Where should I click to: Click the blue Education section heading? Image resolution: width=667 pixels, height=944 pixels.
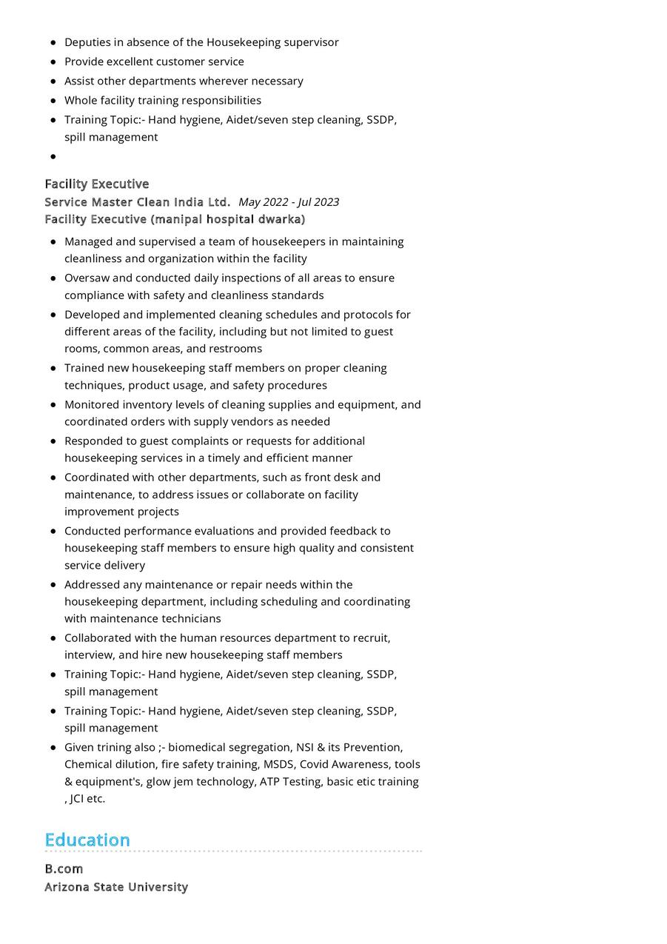click(87, 840)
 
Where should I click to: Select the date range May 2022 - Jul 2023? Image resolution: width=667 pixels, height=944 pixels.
click(289, 202)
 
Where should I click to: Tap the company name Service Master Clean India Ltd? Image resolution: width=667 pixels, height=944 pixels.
click(137, 202)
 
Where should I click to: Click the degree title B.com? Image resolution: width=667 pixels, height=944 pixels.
click(64, 868)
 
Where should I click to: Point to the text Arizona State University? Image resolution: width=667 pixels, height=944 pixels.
click(116, 887)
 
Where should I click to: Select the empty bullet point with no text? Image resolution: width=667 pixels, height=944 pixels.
click(53, 156)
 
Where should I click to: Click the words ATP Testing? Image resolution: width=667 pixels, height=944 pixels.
click(290, 781)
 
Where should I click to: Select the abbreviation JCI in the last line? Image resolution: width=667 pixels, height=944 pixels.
click(77, 798)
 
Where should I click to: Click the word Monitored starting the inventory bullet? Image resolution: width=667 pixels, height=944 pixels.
click(92, 404)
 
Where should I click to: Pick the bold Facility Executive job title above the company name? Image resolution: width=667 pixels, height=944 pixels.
click(96, 184)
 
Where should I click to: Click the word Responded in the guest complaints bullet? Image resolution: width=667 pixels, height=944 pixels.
click(94, 441)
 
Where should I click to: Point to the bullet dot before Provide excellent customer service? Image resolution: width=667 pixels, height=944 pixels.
click(53, 61)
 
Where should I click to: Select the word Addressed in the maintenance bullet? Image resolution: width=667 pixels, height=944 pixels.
click(93, 584)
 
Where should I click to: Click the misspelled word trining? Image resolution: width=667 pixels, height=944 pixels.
click(119, 747)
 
